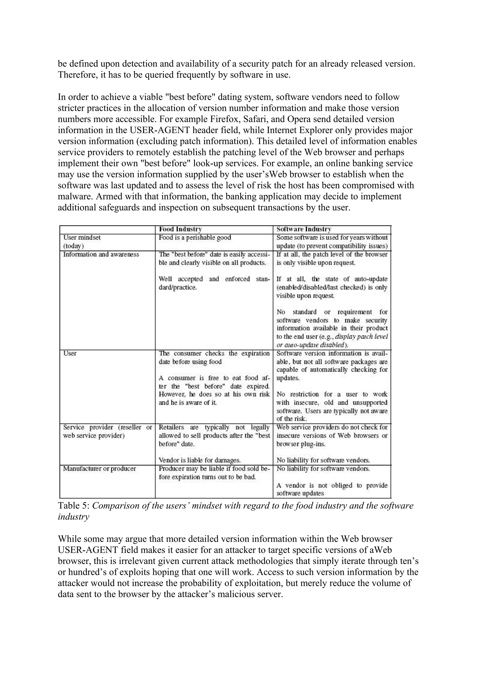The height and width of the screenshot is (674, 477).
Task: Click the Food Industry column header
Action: [180, 229]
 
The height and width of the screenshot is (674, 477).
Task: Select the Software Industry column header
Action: [304, 229]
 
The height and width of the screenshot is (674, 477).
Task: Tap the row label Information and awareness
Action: [101, 254]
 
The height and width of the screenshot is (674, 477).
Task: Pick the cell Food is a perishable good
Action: [194, 237]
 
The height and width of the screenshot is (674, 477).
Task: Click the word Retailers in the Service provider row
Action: [171, 427]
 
